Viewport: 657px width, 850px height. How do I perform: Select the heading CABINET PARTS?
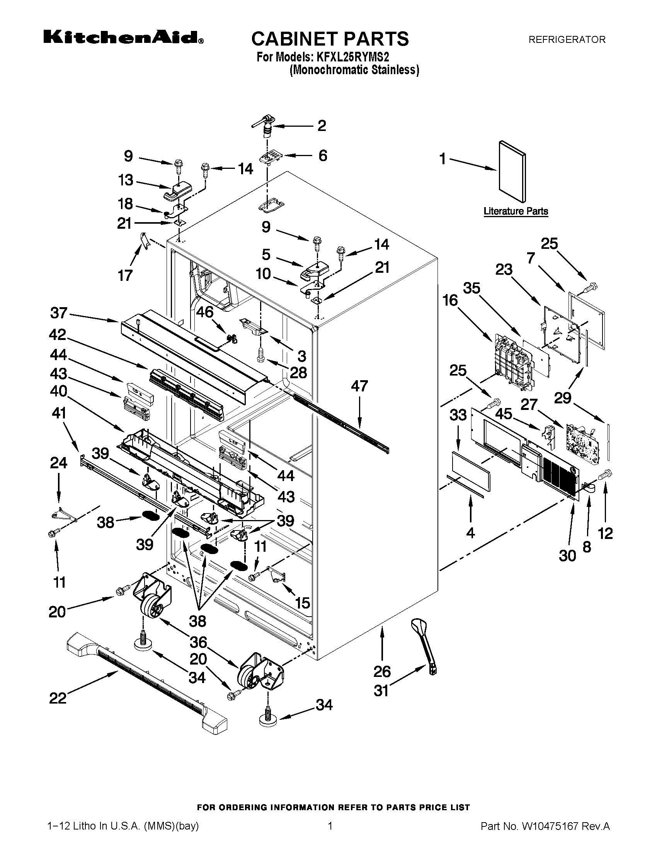coord(330,39)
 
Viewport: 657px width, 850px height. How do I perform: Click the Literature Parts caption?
coord(516,211)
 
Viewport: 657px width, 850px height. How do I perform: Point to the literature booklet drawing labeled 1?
coord(512,171)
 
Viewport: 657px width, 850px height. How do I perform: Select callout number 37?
coord(59,313)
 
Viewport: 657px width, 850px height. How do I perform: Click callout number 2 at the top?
coord(322,126)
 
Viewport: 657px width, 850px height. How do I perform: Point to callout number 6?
coord(323,156)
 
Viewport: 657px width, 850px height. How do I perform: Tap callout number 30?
coord(567,555)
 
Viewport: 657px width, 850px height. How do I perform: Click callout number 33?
coord(458,415)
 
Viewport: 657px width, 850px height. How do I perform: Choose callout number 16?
coord(450,301)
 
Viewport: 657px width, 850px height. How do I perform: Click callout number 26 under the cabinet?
coord(382,671)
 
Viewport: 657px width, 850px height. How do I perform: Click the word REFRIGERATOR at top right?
coord(566,40)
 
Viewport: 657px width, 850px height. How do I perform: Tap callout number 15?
coord(303,603)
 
